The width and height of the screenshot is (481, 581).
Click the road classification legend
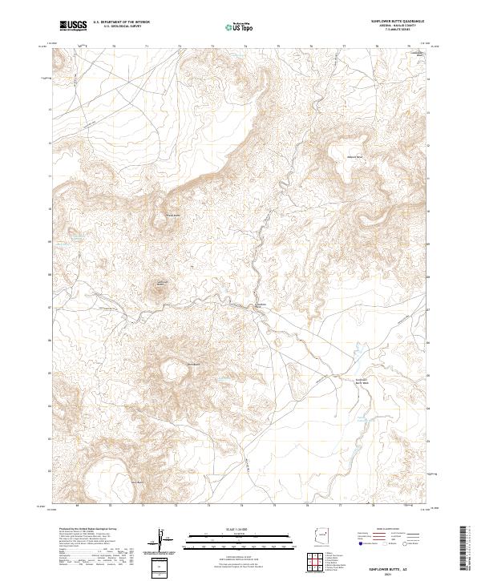[x=392, y=537]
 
